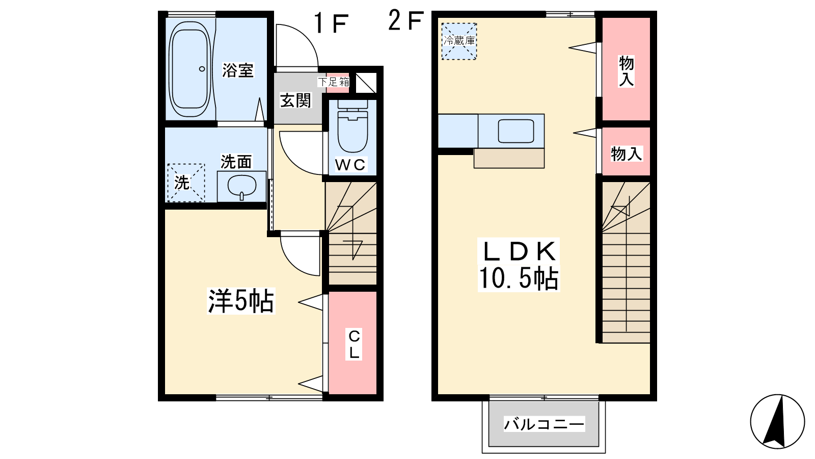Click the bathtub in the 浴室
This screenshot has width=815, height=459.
[190, 68]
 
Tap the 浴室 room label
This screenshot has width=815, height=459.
[237, 70]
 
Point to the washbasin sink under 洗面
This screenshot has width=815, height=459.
[241, 187]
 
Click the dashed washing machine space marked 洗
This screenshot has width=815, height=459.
[186, 183]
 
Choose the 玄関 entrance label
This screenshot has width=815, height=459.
[295, 100]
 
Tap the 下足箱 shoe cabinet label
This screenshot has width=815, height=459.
[334, 82]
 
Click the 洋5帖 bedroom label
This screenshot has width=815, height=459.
[240, 301]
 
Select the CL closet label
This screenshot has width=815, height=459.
[354, 344]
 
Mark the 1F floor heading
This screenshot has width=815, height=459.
[331, 23]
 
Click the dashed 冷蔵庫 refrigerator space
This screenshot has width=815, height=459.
[459, 41]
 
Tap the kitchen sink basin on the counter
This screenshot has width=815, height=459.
[516, 131]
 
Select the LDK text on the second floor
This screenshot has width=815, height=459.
[519, 251]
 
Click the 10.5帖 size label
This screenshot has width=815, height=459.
[518, 278]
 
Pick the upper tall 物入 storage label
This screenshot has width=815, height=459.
[626, 71]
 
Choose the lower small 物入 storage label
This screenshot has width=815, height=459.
[626, 154]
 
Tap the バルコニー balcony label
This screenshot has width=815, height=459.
[544, 424]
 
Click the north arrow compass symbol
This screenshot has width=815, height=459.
[777, 421]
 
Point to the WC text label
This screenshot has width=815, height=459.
[350, 165]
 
